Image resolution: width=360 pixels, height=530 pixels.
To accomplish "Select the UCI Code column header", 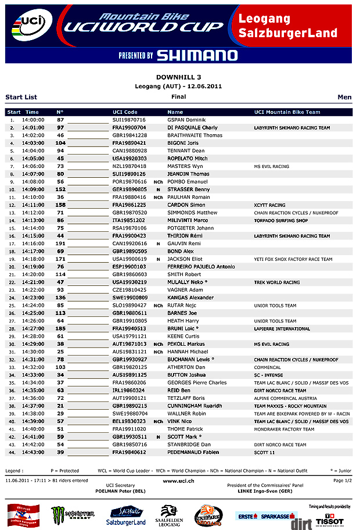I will click(x=125, y=112).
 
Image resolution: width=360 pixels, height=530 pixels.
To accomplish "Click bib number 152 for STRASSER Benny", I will click(x=60, y=189).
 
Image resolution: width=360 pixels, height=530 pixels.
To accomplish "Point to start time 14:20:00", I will click(x=33, y=274).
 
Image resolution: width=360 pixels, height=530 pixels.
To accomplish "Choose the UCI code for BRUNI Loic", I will click(x=129, y=328).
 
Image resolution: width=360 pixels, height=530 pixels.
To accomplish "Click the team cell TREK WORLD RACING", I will click(x=277, y=282).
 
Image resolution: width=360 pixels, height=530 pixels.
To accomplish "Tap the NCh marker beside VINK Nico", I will click(x=158, y=421).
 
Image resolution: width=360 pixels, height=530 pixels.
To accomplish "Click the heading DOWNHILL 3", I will click(x=179, y=77).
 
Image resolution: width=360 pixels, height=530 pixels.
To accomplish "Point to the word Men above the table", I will click(x=344, y=97).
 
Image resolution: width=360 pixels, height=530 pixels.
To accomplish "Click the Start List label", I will click(x=21, y=97).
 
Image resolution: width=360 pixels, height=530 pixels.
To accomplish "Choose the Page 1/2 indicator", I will click(x=342, y=481).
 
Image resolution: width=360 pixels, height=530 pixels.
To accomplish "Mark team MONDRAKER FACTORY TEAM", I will click(x=284, y=429).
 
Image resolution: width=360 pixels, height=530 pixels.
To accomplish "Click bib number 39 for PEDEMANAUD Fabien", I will click(x=60, y=452).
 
